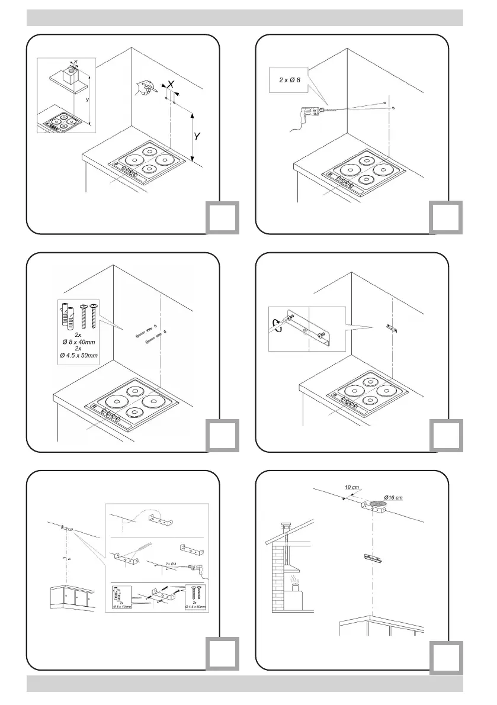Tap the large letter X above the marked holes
(x=171, y=85)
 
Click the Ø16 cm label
(x=395, y=496)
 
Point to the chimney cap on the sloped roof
(x=287, y=527)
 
